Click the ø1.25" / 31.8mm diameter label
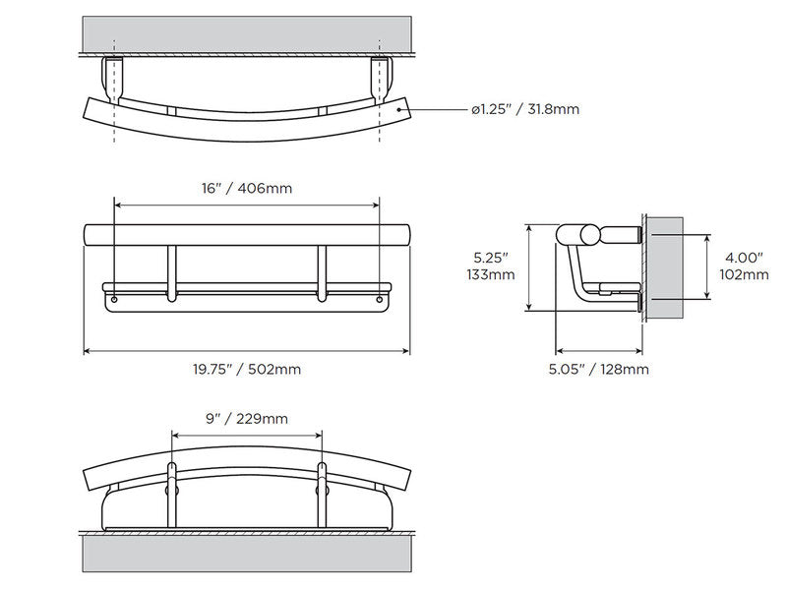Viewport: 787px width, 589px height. pyautogui.click(x=524, y=109)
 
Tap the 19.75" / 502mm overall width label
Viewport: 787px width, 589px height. pyautogui.click(x=246, y=370)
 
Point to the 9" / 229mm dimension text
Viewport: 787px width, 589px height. pyautogui.click(x=246, y=418)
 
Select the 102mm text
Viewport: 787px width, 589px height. pyautogui.click(x=743, y=274)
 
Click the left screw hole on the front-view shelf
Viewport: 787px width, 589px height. pyautogui.click(x=115, y=297)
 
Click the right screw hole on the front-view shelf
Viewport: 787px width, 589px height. pyautogui.click(x=378, y=297)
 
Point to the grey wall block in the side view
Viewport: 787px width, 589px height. pyautogui.click(x=667, y=267)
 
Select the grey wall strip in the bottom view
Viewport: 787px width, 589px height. pyautogui.click(x=246, y=553)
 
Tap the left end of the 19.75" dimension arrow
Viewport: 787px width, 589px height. pyautogui.click(x=85, y=351)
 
